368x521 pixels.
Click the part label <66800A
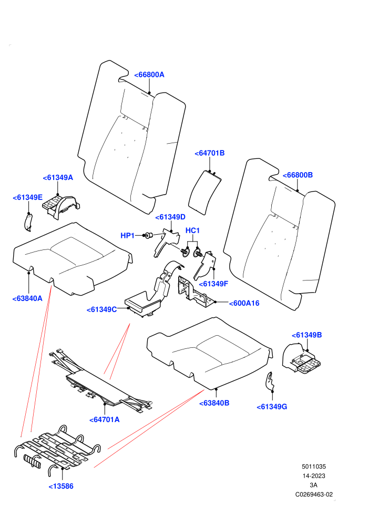tap(149, 75)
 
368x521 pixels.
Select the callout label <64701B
tap(209, 153)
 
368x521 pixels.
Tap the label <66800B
tap(298, 175)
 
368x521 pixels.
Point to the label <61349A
tap(58, 178)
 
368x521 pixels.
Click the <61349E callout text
tap(27, 198)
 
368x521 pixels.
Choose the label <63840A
tap(27, 299)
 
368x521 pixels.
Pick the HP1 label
tap(127, 236)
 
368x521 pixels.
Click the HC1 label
tap(192, 231)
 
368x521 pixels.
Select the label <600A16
tap(244, 303)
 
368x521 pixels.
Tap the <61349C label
tap(101, 310)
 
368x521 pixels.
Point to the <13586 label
tap(61, 486)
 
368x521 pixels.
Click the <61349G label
tap(272, 407)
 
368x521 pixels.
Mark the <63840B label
tap(214, 403)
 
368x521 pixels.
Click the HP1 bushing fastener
tap(149, 236)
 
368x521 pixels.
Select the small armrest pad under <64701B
tap(205, 193)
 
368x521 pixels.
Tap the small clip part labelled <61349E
tap(28, 222)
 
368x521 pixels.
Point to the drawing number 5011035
tap(314, 467)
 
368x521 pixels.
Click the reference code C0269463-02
tap(314, 495)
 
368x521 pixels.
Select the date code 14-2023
tap(314, 476)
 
